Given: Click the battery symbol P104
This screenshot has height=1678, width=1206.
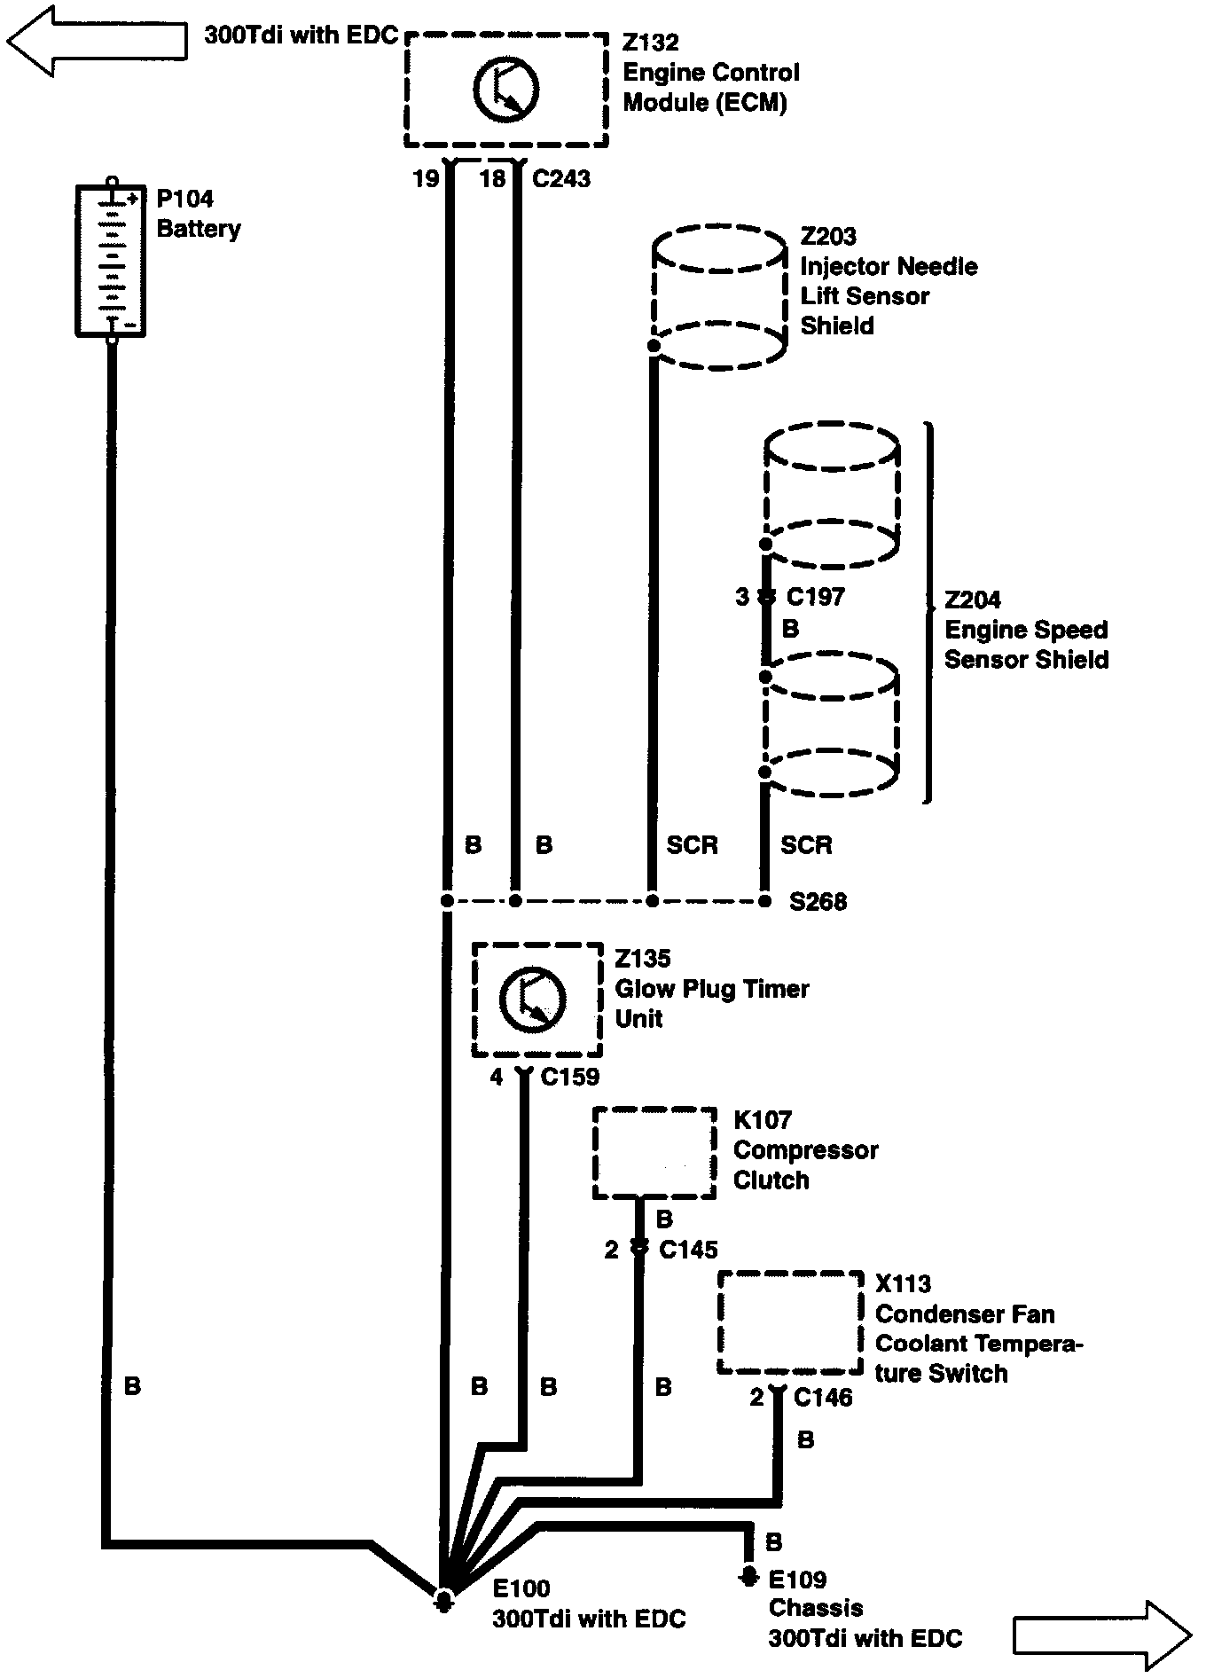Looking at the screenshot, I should click(110, 261).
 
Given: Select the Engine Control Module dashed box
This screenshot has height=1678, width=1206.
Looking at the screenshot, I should click(506, 90).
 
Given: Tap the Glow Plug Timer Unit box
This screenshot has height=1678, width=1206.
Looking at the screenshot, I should click(536, 1000).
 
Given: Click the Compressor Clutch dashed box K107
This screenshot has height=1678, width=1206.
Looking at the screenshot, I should click(654, 1152).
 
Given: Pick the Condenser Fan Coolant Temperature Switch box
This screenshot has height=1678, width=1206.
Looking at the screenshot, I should click(789, 1322).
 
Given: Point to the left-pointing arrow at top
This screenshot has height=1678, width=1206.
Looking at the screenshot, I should click(96, 42).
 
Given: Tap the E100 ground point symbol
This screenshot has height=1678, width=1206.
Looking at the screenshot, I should click(444, 1599).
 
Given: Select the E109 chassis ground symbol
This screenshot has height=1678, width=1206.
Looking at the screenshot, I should click(749, 1577).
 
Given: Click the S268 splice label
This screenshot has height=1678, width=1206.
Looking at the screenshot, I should click(818, 902).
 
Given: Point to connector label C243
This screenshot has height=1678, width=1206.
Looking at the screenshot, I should click(560, 179).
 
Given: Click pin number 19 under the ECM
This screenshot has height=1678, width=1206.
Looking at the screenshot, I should click(426, 179).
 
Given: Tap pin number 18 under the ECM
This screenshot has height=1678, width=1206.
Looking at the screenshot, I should click(492, 179).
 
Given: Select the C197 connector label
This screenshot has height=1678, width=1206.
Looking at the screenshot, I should click(815, 597).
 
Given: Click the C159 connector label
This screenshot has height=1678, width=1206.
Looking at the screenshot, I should click(569, 1077).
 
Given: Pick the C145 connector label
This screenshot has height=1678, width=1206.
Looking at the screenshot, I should click(688, 1250).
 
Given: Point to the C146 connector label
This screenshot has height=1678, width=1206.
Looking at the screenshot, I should click(822, 1399).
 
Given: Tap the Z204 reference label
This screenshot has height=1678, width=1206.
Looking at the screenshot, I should click(972, 600).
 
